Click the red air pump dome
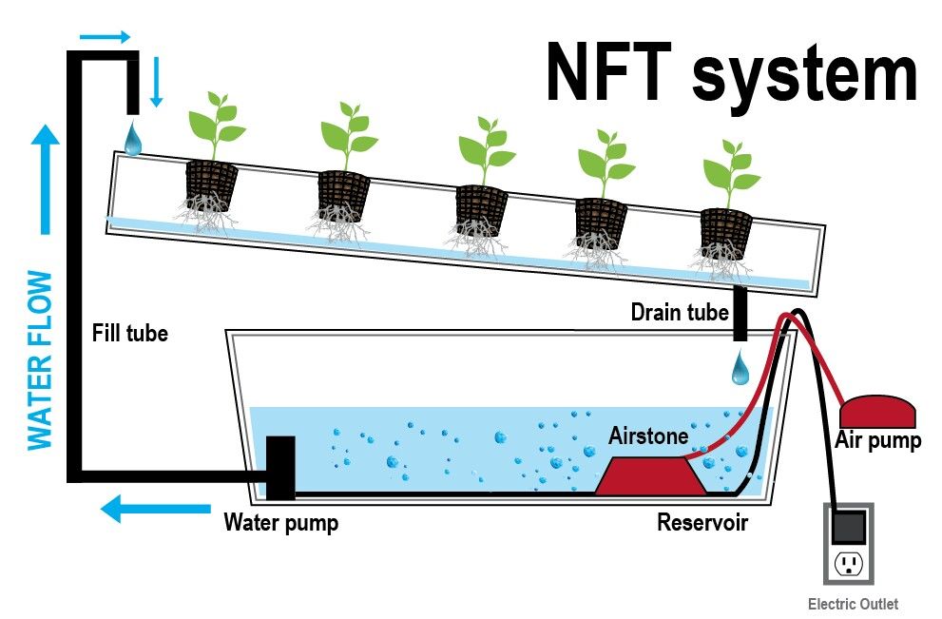click(x=877, y=412)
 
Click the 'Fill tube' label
click(x=130, y=334)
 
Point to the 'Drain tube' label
click(x=680, y=312)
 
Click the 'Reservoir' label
click(x=702, y=522)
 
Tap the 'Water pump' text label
click(x=280, y=522)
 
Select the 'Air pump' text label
click(x=877, y=441)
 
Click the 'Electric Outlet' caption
click(x=853, y=604)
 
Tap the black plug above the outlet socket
click(x=848, y=526)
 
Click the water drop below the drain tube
click(x=740, y=368)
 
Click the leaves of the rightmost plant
click(x=730, y=167)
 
